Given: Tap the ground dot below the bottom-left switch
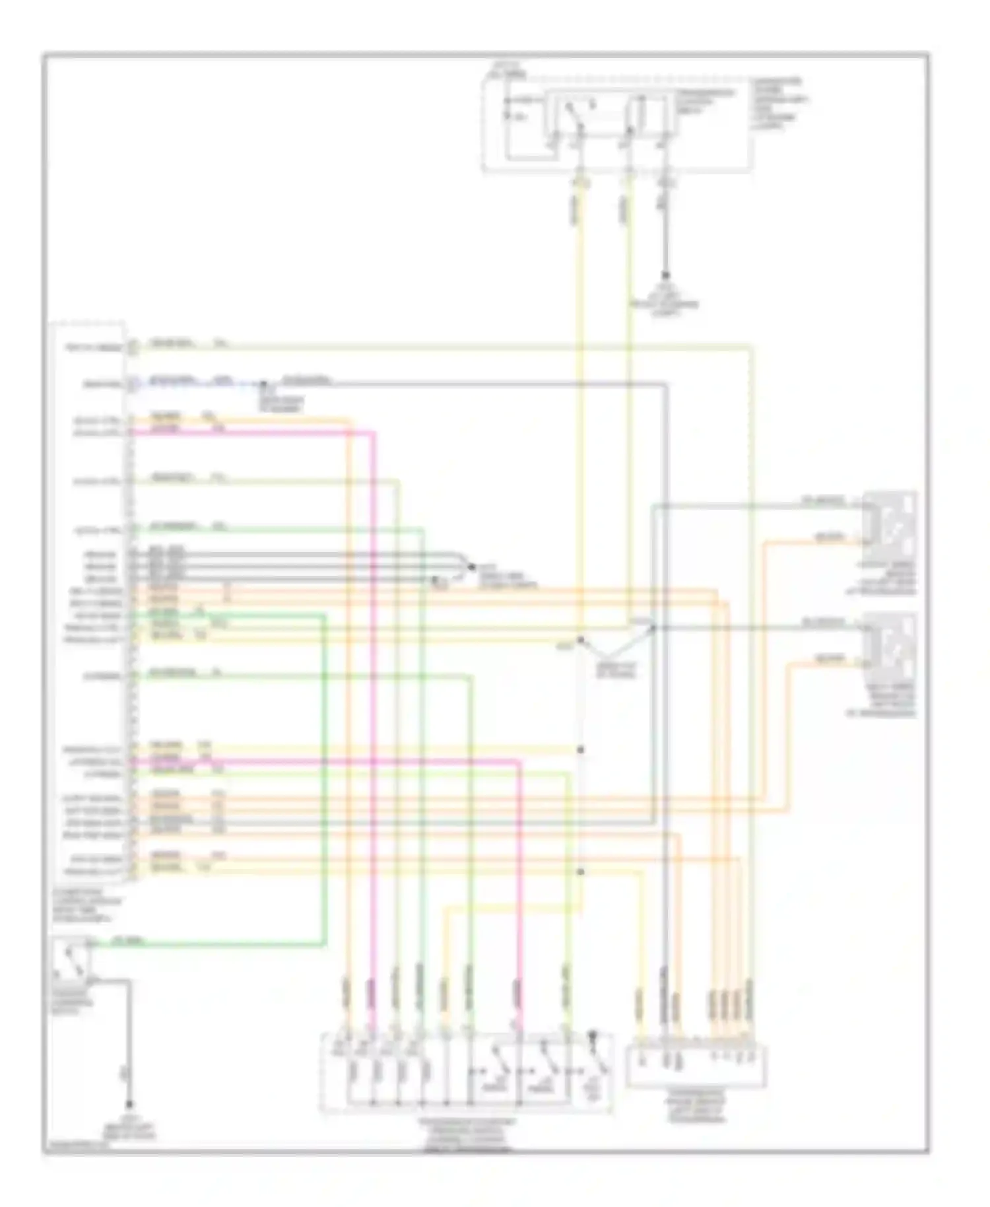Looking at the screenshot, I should [129, 1104].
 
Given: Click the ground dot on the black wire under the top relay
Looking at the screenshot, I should [665, 276].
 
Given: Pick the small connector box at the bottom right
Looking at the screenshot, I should [696, 1065].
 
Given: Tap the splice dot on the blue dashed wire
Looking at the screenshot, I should [263, 384].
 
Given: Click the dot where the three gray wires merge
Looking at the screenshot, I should [471, 567].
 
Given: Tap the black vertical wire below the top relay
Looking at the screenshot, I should [665, 231].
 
